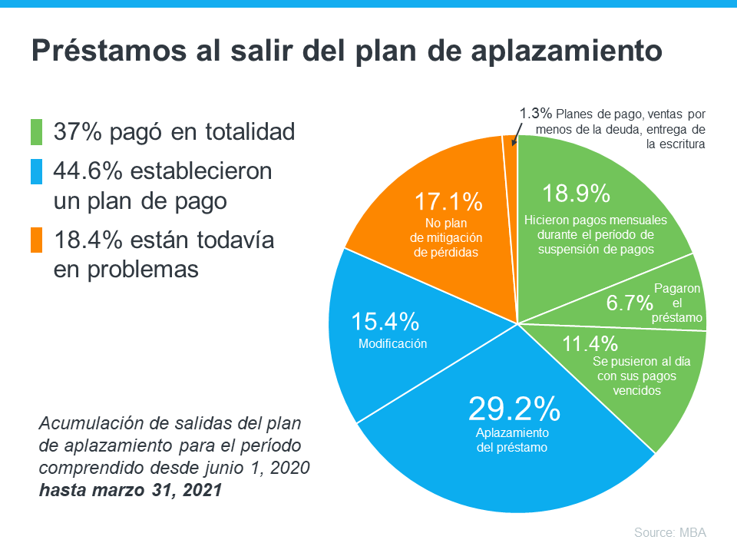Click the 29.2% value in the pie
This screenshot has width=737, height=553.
tap(514, 409)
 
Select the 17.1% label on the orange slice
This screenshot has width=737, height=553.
tap(448, 202)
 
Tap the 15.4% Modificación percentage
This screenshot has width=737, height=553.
tap(385, 322)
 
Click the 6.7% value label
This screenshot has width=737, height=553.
tap(630, 303)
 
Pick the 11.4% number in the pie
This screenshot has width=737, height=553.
tap(590, 343)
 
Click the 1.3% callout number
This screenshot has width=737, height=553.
tap(535, 113)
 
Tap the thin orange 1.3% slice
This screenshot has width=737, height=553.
tap(509, 141)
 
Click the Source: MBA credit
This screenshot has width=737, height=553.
tap(669, 532)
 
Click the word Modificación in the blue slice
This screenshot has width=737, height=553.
tap(392, 343)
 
